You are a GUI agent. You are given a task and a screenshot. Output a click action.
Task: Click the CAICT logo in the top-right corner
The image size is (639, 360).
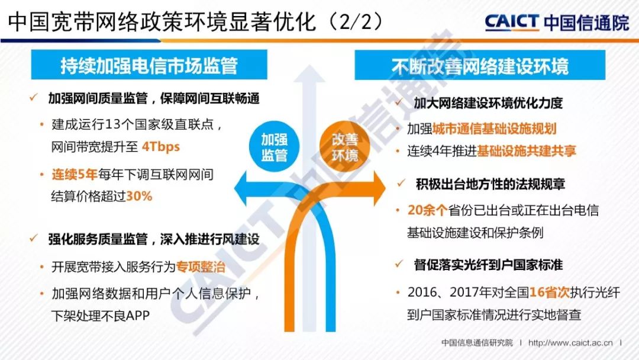(x=557, y=22)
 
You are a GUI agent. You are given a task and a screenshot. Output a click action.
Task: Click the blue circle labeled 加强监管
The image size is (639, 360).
(x=274, y=147)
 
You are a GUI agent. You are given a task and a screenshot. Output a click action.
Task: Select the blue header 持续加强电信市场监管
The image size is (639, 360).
(x=149, y=65)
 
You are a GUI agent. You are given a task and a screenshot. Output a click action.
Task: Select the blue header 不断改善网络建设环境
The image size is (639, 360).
(x=480, y=65)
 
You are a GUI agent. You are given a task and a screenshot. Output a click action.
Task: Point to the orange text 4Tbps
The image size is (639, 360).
(x=161, y=147)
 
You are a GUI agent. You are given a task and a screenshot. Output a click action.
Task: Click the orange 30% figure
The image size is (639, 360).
(x=139, y=196)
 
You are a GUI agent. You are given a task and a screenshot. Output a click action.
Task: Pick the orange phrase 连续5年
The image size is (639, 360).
(x=74, y=175)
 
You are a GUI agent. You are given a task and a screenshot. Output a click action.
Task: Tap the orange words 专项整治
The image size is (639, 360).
(x=201, y=267)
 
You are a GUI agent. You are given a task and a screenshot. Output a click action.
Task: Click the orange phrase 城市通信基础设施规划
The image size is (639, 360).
(x=494, y=129)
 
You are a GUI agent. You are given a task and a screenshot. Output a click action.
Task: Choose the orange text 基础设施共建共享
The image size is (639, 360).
(x=527, y=151)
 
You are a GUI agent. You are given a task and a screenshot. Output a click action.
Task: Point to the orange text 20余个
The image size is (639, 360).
(x=428, y=210)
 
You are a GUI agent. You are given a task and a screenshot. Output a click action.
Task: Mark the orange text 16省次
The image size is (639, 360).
(x=549, y=292)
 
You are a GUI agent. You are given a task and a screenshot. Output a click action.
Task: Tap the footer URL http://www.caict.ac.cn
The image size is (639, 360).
(x=570, y=343)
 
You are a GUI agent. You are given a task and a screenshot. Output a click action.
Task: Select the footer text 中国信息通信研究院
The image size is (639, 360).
(x=477, y=343)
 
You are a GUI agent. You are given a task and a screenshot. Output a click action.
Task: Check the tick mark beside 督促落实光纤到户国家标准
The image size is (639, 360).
(x=399, y=264)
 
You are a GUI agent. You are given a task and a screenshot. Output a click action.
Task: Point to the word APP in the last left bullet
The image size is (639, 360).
(x=138, y=316)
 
